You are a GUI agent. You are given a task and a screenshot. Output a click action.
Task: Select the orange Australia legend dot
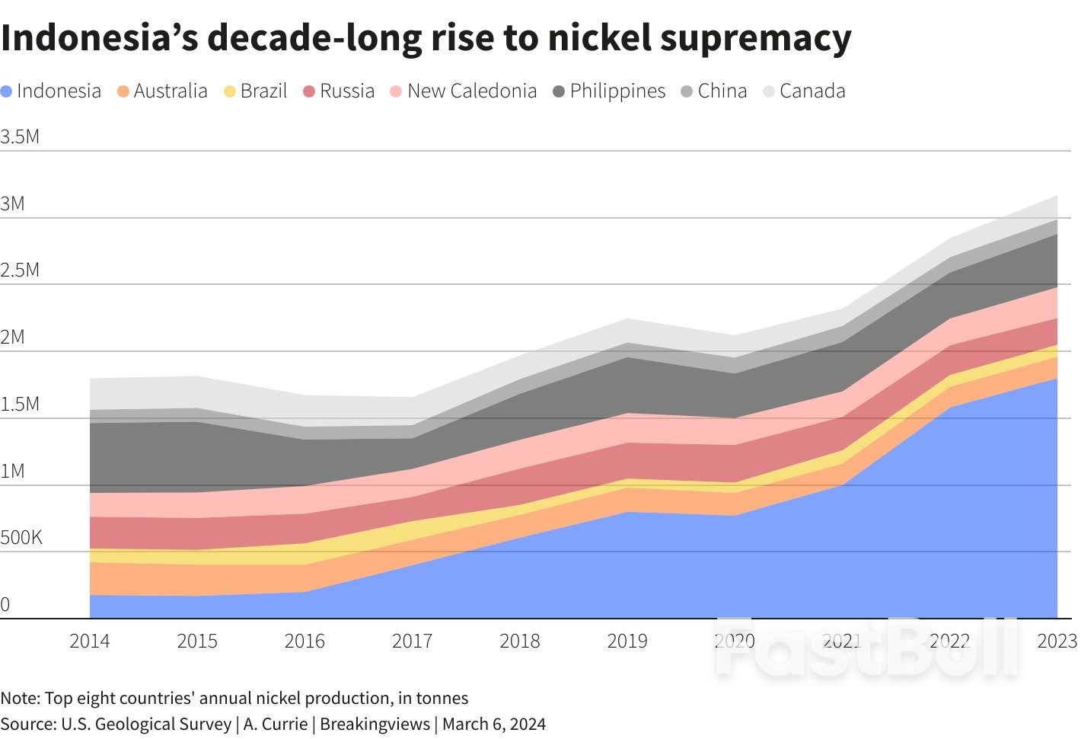click(123, 91)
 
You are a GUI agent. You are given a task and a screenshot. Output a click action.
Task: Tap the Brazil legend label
click(263, 91)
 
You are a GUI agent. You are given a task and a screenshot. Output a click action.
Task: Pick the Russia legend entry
click(346, 91)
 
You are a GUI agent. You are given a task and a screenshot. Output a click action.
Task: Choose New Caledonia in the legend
click(471, 91)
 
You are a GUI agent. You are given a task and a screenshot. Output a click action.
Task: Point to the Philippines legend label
click(617, 91)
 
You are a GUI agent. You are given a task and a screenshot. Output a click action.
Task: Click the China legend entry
click(722, 91)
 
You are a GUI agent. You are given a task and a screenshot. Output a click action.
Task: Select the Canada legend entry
click(812, 91)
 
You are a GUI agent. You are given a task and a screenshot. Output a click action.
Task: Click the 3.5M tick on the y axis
click(20, 137)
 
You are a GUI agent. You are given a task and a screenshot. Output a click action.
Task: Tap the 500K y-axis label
click(21, 538)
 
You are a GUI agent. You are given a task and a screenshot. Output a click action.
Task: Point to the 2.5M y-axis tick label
click(20, 270)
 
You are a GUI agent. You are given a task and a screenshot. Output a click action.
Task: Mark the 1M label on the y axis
click(13, 472)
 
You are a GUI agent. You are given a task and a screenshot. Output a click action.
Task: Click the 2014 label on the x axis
click(90, 641)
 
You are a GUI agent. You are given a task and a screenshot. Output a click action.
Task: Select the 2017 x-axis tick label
click(412, 641)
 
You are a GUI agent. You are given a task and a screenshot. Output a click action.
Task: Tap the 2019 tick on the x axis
click(627, 641)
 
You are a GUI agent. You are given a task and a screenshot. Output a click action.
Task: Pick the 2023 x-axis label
click(1057, 641)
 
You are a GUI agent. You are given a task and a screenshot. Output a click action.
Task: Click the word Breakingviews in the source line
click(375, 724)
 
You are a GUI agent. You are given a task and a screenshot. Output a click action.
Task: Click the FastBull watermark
click(866, 649)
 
